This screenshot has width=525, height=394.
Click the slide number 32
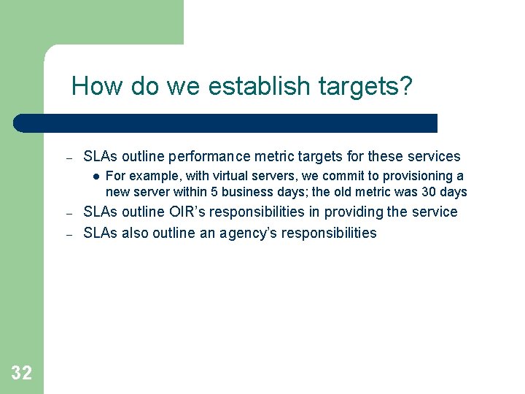pos(22,374)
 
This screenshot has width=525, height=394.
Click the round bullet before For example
pos(96,176)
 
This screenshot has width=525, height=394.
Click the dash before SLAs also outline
pos(68,235)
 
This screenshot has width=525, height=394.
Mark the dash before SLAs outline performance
pos(68,158)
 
